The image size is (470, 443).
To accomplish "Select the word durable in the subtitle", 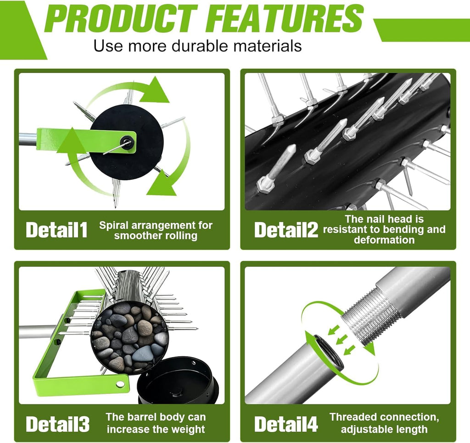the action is click(200, 46).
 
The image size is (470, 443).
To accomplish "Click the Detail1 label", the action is click(56, 230).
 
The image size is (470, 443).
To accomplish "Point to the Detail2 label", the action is click(285, 230).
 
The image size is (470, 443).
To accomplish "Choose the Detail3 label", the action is click(57, 424).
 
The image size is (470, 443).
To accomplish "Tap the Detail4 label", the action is click(285, 424).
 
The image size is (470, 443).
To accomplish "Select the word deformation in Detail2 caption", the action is click(384, 240).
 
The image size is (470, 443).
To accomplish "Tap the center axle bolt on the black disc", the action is click(126, 140).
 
